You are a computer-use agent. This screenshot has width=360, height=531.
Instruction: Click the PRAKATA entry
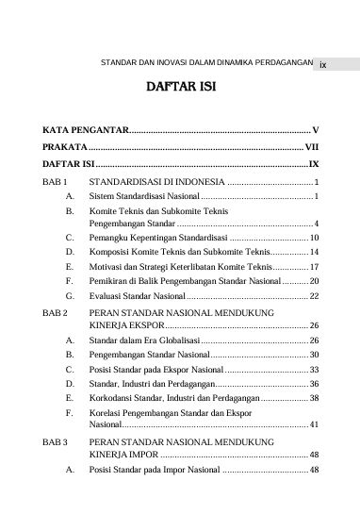[x=65, y=147]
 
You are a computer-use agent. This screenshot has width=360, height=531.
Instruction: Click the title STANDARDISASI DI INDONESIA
[x=156, y=181]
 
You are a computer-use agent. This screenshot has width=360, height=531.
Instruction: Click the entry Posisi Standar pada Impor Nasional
[x=155, y=469]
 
